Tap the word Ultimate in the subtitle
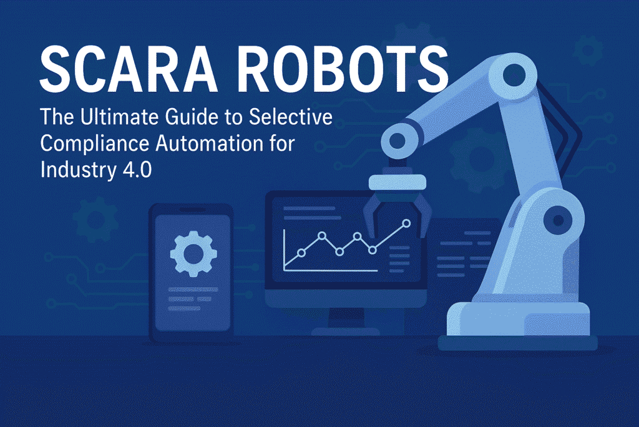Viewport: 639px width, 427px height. coord(119,117)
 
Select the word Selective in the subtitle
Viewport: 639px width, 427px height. coord(291,117)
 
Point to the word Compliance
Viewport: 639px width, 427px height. coord(95,144)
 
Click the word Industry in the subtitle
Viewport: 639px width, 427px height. coord(78,171)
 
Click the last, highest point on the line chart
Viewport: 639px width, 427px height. coord(406,223)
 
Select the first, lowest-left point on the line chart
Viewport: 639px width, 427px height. coord(301,253)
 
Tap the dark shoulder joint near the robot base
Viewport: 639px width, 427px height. coord(559,221)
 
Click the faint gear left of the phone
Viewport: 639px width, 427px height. coord(95,220)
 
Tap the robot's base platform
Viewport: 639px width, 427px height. coord(517,326)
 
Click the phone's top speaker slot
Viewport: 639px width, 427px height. coord(192,210)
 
